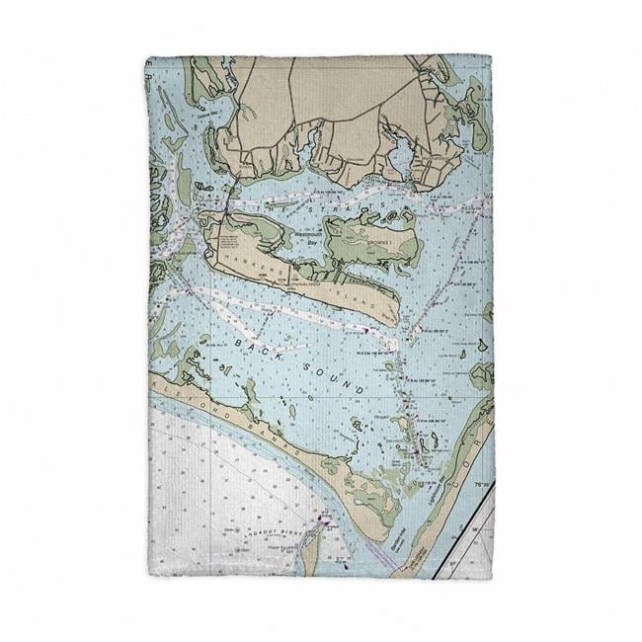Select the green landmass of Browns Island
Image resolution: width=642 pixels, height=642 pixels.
370,237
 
